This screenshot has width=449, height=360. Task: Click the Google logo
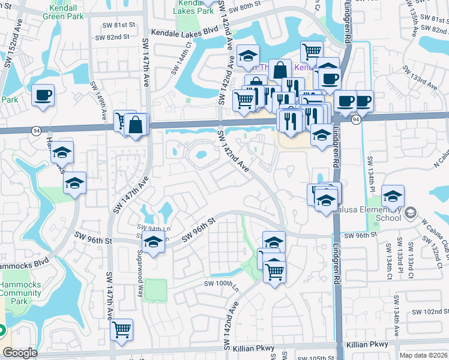tap(20, 353)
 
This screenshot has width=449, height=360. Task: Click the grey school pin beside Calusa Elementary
tap(411, 213)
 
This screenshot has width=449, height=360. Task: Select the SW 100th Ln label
tap(221, 283)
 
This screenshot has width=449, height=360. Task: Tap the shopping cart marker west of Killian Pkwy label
tap(122, 329)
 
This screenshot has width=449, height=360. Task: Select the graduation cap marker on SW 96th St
tap(154, 243)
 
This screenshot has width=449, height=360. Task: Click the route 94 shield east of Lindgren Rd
tap(356, 119)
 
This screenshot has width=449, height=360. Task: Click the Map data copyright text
tap(424, 355)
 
